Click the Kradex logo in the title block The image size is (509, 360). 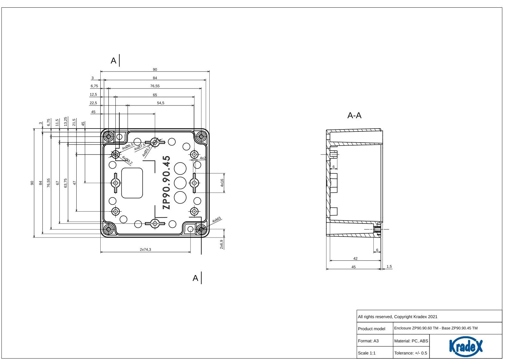coord(466,347)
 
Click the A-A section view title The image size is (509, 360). coord(354,115)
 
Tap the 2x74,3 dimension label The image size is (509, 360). coord(146,249)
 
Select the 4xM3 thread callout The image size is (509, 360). coord(217,220)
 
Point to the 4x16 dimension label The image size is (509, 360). coord(222,183)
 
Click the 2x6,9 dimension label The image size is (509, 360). coord(221,244)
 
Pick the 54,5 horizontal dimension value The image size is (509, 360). coord(161,103)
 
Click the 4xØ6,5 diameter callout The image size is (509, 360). coord(128,147)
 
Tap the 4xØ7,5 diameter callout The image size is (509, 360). coord(140,147)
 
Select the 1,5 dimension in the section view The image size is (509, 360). coord(389,266)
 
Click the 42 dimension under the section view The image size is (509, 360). coord(355,258)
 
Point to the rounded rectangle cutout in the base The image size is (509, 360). coord(132,183)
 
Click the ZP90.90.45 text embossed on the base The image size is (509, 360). coord(166,182)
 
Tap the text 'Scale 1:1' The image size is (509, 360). coord(367,353)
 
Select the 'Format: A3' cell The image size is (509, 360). coord(368,341)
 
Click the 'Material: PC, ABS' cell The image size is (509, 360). coord(411,341)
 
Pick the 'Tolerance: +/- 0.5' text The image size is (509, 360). coord(411,353)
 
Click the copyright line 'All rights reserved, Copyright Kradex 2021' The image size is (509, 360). coord(398,317)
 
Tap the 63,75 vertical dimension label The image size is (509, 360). coord(66,183)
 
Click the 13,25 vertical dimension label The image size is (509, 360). coord(66,121)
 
